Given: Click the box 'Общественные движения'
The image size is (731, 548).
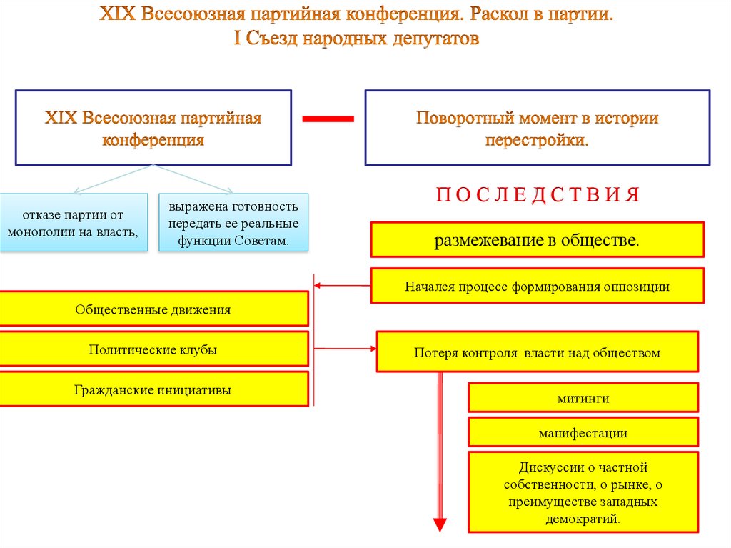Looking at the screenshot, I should pyautogui.click(x=153, y=309).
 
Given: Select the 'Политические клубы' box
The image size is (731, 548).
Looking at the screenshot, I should pyautogui.click(x=153, y=350).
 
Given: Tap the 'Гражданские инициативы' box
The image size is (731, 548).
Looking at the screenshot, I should pyautogui.click(x=153, y=390).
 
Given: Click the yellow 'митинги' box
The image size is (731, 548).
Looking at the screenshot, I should pyautogui.click(x=583, y=398).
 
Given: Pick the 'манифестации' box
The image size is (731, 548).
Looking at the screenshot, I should pyautogui.click(x=583, y=433).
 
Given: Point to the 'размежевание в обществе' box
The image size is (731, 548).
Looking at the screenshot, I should pyautogui.click(x=537, y=240).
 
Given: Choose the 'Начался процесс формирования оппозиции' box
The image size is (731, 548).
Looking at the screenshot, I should pyautogui.click(x=537, y=287).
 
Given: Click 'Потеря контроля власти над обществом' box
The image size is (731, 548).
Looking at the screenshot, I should pyautogui.click(x=537, y=352).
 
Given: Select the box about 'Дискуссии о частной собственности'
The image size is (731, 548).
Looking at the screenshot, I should pyautogui.click(x=583, y=493).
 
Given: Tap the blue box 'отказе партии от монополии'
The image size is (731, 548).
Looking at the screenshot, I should pyautogui.click(x=74, y=222).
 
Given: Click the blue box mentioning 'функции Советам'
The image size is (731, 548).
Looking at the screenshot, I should pyautogui.click(x=233, y=223).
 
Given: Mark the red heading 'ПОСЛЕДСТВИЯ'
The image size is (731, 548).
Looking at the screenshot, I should pyautogui.click(x=537, y=195).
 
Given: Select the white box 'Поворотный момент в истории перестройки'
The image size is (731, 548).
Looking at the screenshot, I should pyautogui.click(x=537, y=128).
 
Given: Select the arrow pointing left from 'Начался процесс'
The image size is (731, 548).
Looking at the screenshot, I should pyautogui.click(x=343, y=287).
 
